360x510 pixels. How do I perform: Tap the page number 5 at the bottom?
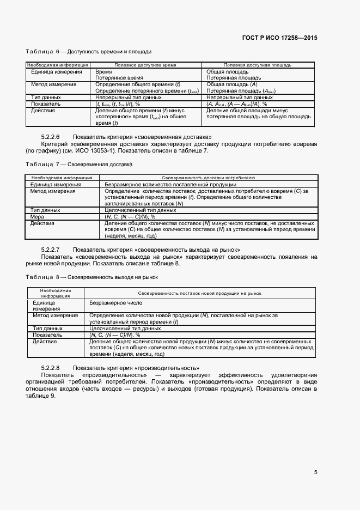click(x=315, y=472)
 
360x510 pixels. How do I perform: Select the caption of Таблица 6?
click(x=88, y=52)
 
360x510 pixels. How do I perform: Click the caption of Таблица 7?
click(x=79, y=164)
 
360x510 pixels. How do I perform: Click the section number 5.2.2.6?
click(x=50, y=136)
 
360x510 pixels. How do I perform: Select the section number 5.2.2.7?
click(x=50, y=249)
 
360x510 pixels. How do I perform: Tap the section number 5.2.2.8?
click(x=50, y=368)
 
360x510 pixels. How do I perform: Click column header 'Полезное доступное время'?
click(x=145, y=65)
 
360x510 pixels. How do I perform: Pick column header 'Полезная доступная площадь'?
click(x=257, y=65)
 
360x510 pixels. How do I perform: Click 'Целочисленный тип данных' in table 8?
click(x=125, y=329)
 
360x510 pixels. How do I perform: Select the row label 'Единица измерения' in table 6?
click(x=56, y=71)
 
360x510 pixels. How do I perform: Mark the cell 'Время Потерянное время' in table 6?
click(x=119, y=75)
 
